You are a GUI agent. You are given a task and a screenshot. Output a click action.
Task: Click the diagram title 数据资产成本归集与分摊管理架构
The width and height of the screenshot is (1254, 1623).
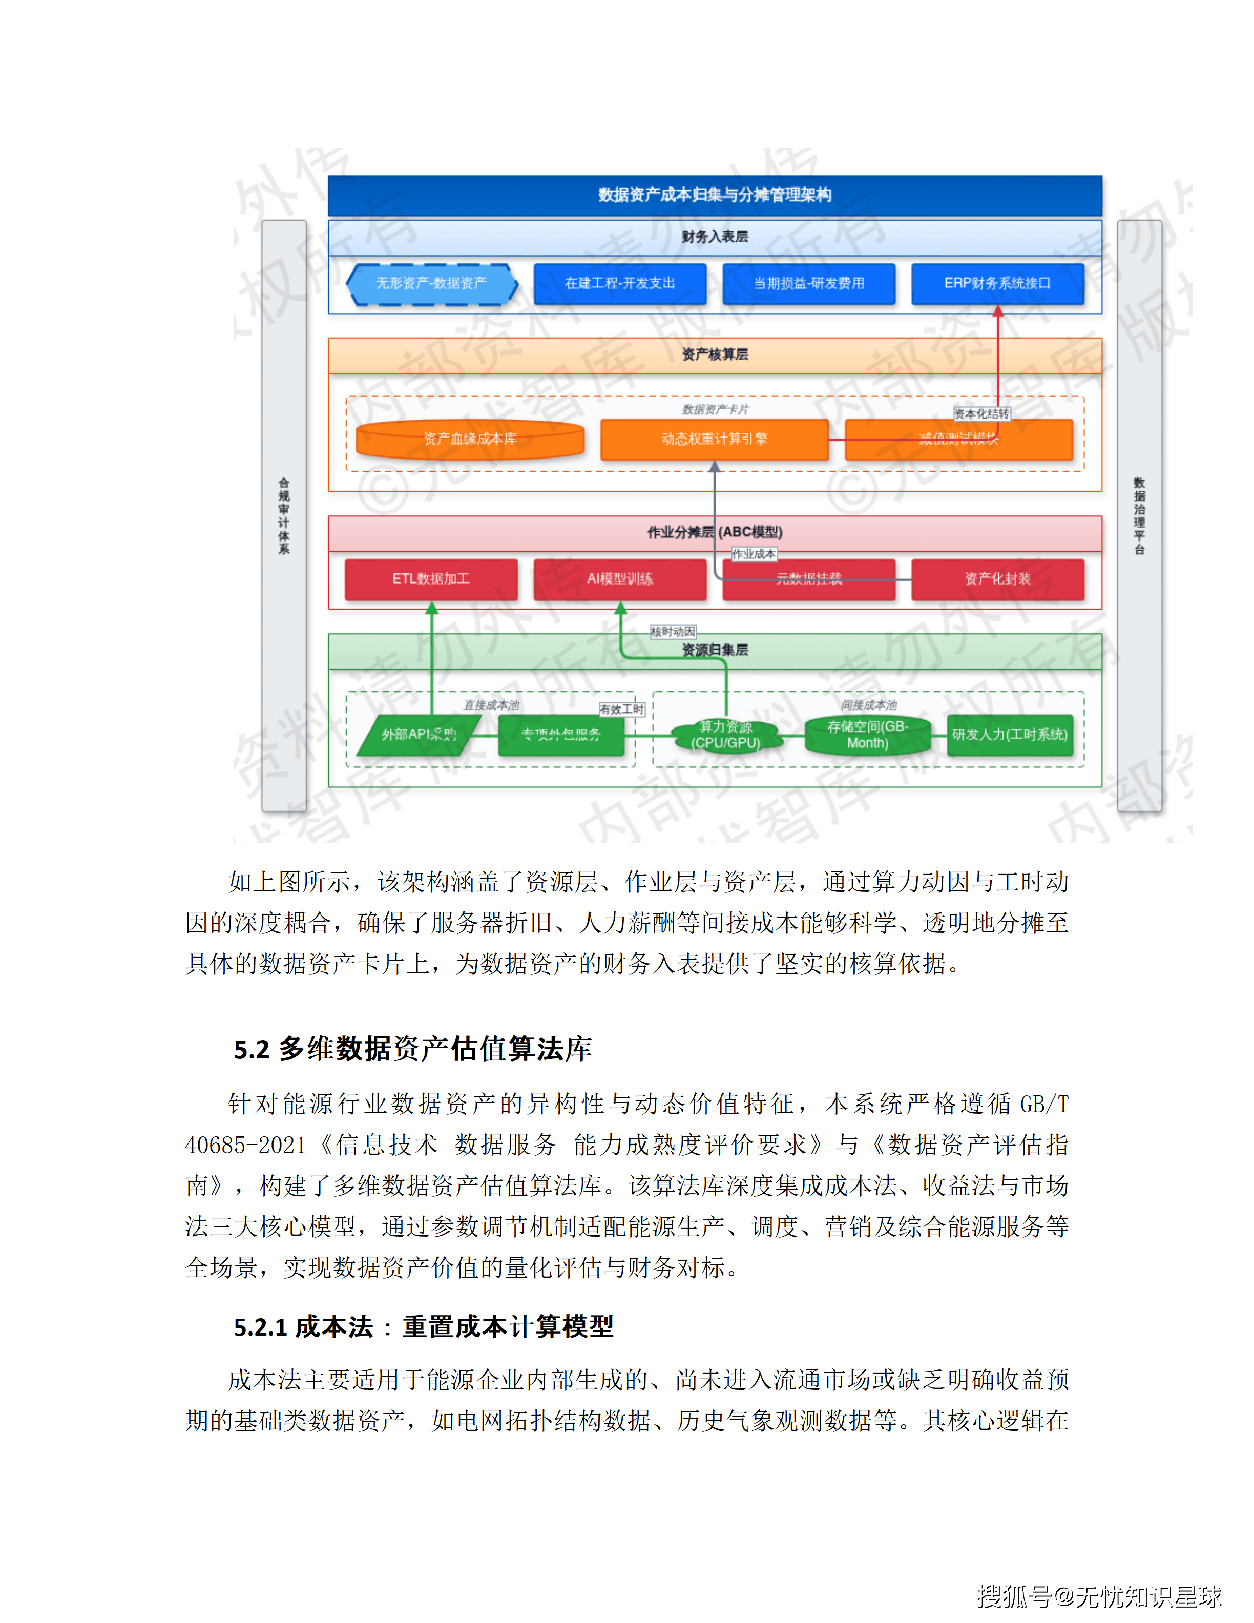(714, 195)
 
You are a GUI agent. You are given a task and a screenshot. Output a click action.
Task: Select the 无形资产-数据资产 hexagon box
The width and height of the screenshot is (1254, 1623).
(431, 283)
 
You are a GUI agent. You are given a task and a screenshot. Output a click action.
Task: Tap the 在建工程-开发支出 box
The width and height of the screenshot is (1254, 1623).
(619, 283)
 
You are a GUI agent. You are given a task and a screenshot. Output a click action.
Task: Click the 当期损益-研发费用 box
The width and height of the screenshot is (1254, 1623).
(808, 283)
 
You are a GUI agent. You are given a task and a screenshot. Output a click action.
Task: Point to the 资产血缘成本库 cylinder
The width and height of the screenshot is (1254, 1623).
(470, 439)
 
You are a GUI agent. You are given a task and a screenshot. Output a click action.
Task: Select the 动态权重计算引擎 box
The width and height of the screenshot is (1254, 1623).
(714, 439)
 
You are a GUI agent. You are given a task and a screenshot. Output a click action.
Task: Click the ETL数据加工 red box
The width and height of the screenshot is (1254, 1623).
(431, 579)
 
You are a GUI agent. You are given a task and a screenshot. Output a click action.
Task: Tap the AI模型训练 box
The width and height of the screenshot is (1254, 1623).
(619, 579)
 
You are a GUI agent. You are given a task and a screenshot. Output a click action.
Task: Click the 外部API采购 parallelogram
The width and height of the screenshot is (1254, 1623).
(418, 734)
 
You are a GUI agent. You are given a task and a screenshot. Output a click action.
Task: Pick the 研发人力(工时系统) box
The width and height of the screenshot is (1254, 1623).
(1010, 734)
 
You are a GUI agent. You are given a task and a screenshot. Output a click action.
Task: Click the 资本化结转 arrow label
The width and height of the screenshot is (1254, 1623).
(981, 414)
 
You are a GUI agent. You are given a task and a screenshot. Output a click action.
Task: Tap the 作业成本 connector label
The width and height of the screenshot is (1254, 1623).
(754, 554)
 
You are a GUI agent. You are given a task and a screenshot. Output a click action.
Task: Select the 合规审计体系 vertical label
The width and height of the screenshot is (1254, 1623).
(284, 516)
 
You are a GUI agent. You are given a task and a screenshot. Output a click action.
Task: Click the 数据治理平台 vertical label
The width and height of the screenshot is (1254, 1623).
(1139, 516)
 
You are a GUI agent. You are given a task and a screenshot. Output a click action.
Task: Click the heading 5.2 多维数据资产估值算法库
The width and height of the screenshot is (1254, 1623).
(412, 1049)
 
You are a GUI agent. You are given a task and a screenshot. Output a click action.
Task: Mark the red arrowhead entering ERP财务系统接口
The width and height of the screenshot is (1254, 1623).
(998, 312)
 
